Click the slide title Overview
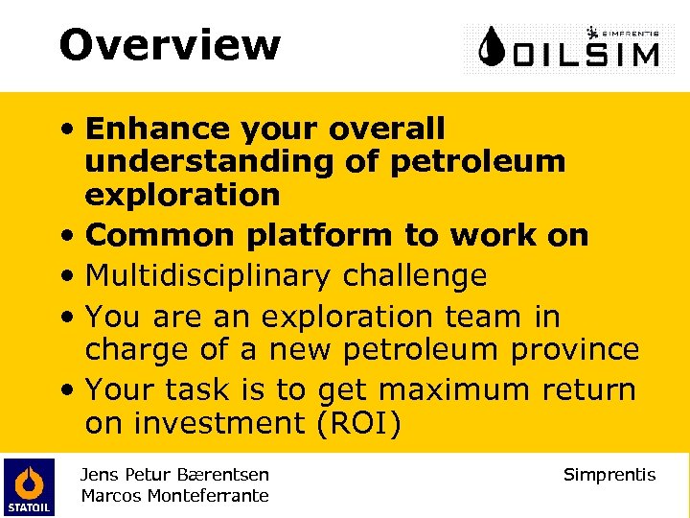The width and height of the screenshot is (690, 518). pyautogui.click(x=170, y=44)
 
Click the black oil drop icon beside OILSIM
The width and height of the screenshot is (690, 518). pyautogui.click(x=494, y=47)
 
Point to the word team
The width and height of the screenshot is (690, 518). pyautogui.click(x=470, y=316)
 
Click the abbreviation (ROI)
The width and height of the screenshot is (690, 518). pyautogui.click(x=390, y=423)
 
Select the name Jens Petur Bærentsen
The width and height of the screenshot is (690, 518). pyautogui.click(x=174, y=474)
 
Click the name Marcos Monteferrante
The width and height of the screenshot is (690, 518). pyautogui.click(x=174, y=495)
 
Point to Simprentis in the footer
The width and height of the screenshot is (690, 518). pyautogui.click(x=609, y=474)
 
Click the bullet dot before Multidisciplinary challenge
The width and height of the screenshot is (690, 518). pyautogui.click(x=70, y=277)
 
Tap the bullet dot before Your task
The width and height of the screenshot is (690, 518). pyautogui.click(x=70, y=390)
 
